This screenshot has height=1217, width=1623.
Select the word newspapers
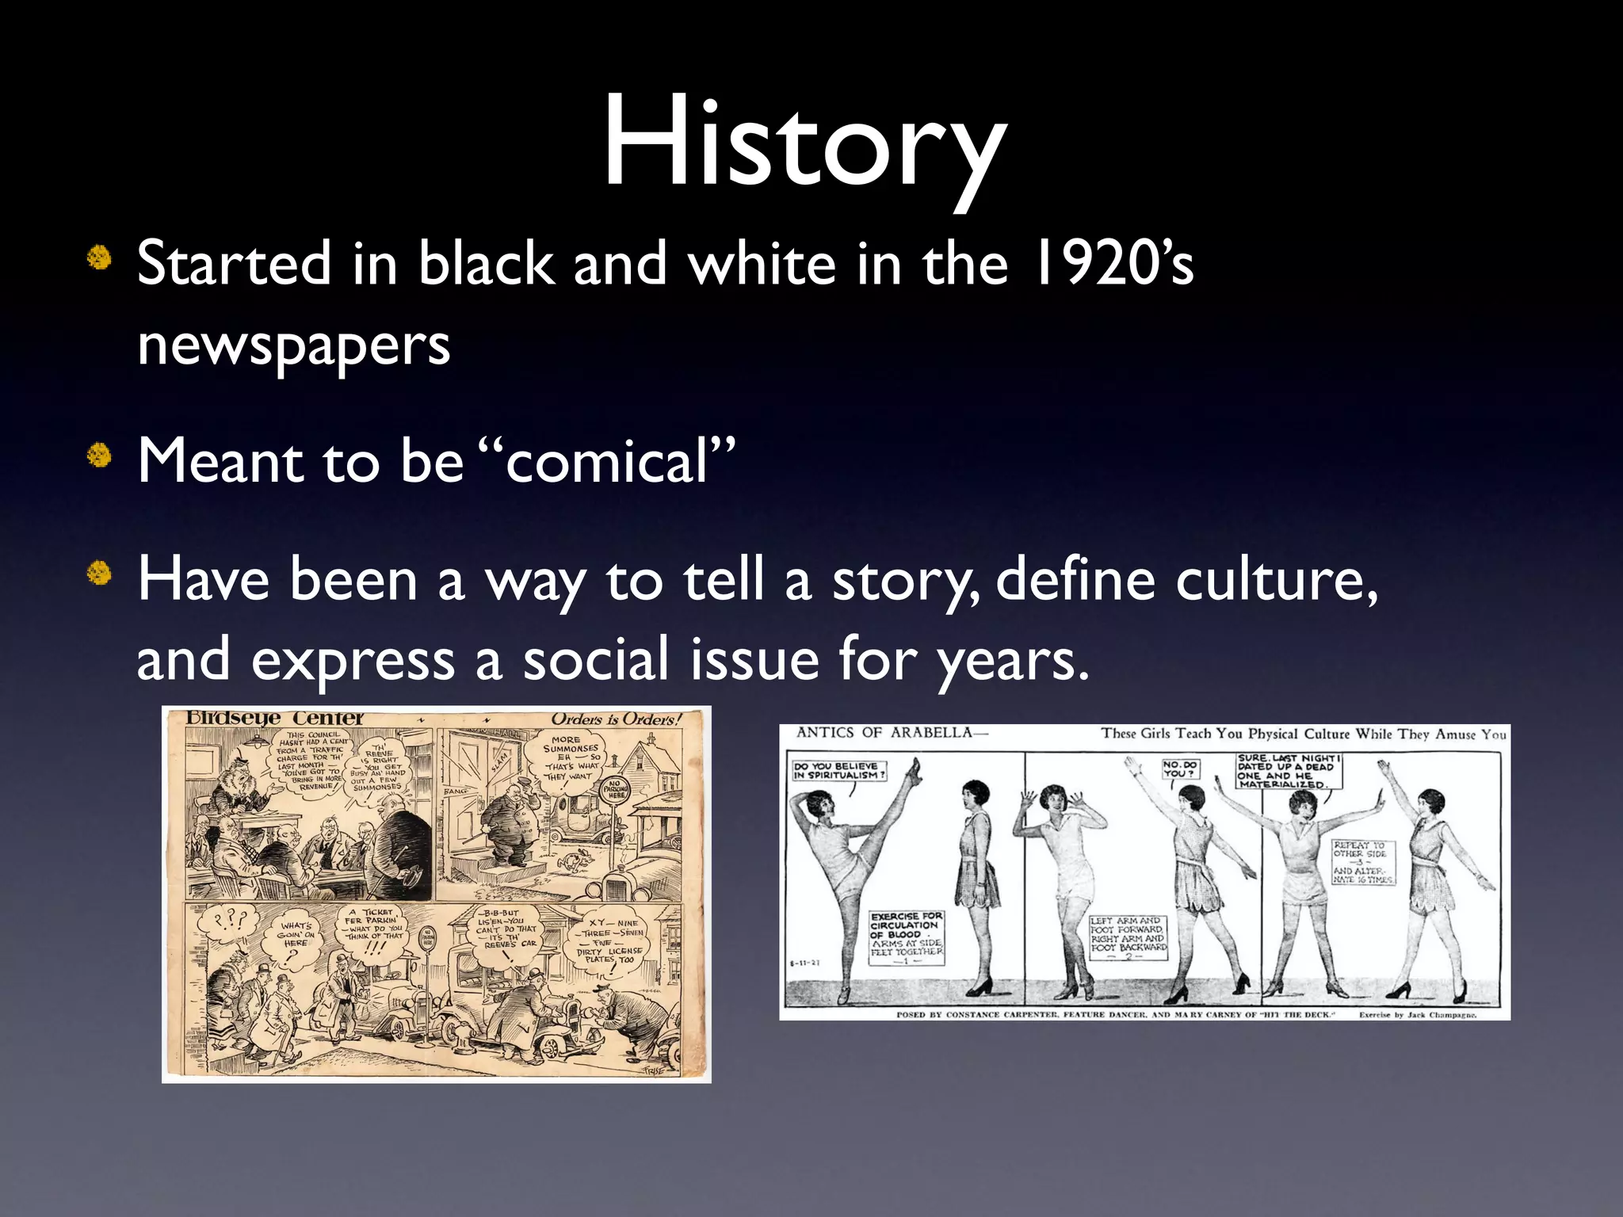pos(293,345)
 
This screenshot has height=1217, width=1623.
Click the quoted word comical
pos(606,461)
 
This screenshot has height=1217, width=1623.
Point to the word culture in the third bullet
pos(1275,580)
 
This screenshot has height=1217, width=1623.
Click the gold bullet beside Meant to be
pos(99,456)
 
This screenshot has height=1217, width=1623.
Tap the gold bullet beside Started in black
pos(99,258)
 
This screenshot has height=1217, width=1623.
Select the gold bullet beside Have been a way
pos(99,572)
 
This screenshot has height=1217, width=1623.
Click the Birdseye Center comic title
pos(274,718)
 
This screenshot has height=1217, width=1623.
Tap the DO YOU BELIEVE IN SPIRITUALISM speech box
pos(838,770)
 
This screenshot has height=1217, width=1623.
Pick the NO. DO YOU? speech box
pos(1180,769)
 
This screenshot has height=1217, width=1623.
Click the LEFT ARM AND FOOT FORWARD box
pos(1128,938)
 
